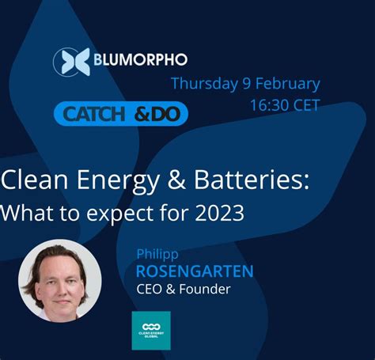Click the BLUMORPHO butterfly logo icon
69,62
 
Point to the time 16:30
272,105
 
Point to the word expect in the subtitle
104,213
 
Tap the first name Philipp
157,255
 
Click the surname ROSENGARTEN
195,272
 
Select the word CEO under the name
150,290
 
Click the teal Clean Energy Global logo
150,330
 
